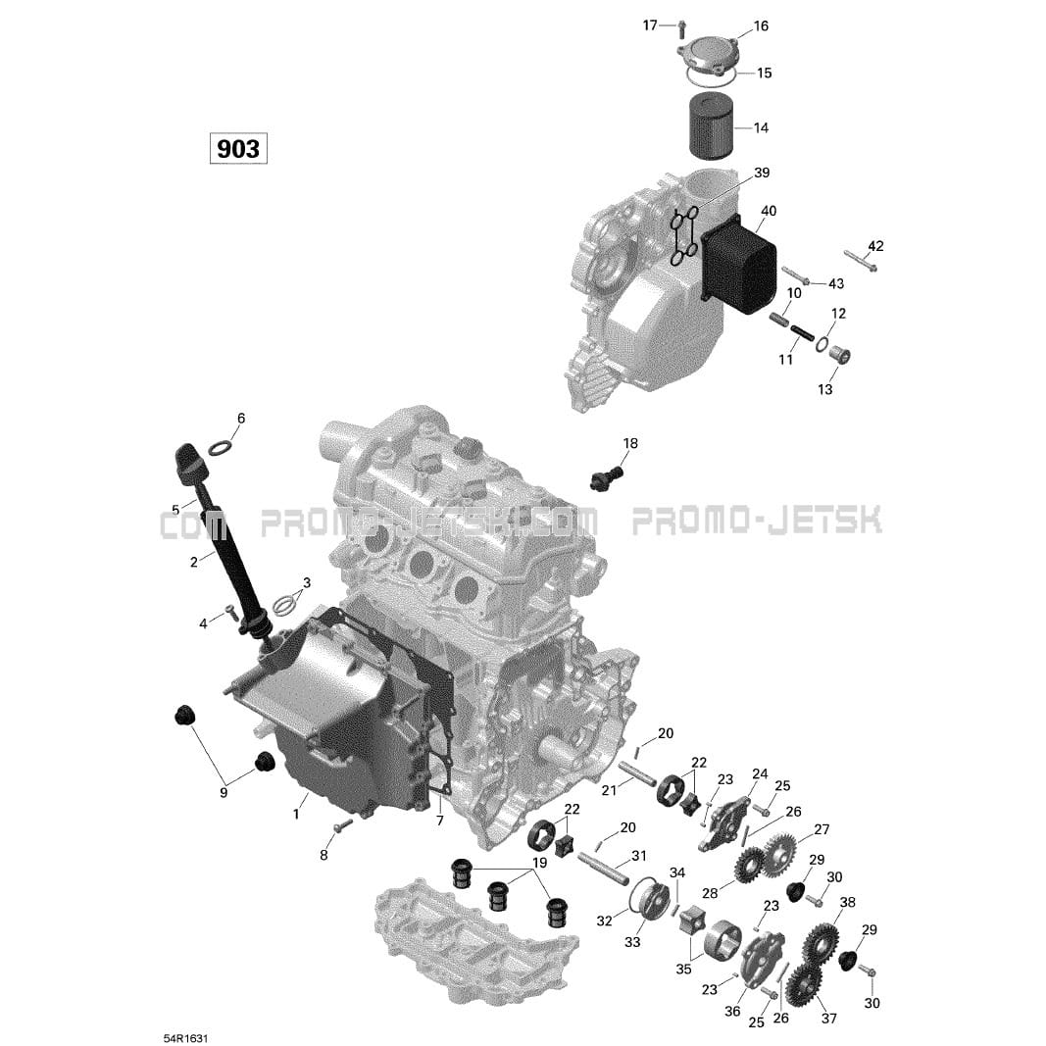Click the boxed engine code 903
click(238, 149)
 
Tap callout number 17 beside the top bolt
click(650, 25)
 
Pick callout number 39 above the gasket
click(762, 174)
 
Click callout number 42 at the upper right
click(875, 246)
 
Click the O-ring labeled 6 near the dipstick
click(223, 448)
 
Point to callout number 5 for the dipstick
click(175, 510)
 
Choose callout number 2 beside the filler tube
click(194, 562)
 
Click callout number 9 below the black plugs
click(224, 792)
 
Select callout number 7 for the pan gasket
click(440, 820)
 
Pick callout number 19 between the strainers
click(539, 864)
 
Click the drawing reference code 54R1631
click(185, 1011)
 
